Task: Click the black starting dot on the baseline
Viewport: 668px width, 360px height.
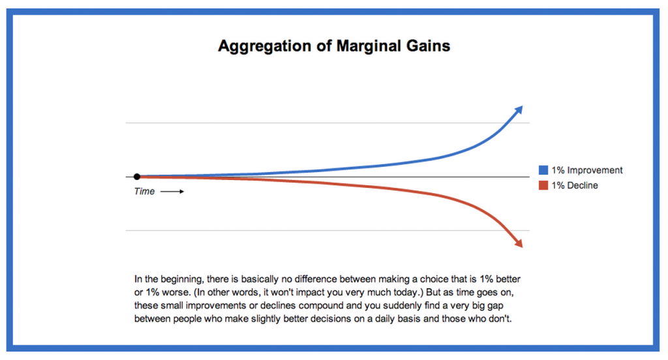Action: (x=137, y=177)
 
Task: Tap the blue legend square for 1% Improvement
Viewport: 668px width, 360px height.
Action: (x=543, y=171)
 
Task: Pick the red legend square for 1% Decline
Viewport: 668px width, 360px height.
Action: (x=543, y=186)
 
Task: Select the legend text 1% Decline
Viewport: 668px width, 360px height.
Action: (x=575, y=186)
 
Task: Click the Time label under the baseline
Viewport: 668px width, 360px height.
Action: (x=144, y=192)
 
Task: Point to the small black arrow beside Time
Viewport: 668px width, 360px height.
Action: (x=172, y=192)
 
